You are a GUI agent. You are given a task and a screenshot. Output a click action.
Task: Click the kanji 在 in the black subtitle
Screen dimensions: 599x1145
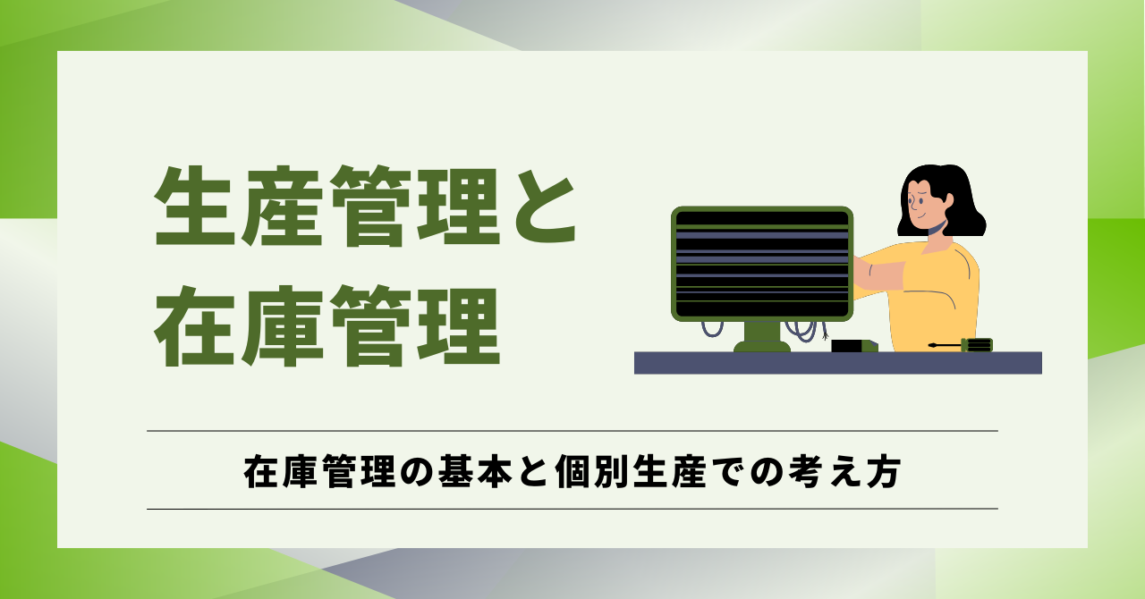point(259,471)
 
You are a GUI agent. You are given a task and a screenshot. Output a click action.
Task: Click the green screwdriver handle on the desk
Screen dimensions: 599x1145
point(977,345)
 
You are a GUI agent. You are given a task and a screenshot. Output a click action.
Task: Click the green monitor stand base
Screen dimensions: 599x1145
point(761,345)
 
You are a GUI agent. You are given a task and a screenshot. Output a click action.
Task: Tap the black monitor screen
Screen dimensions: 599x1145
point(761,264)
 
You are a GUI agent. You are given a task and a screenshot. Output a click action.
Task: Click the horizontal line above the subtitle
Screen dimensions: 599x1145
point(572,431)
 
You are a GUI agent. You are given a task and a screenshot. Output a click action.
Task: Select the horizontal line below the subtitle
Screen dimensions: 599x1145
point(572,509)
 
